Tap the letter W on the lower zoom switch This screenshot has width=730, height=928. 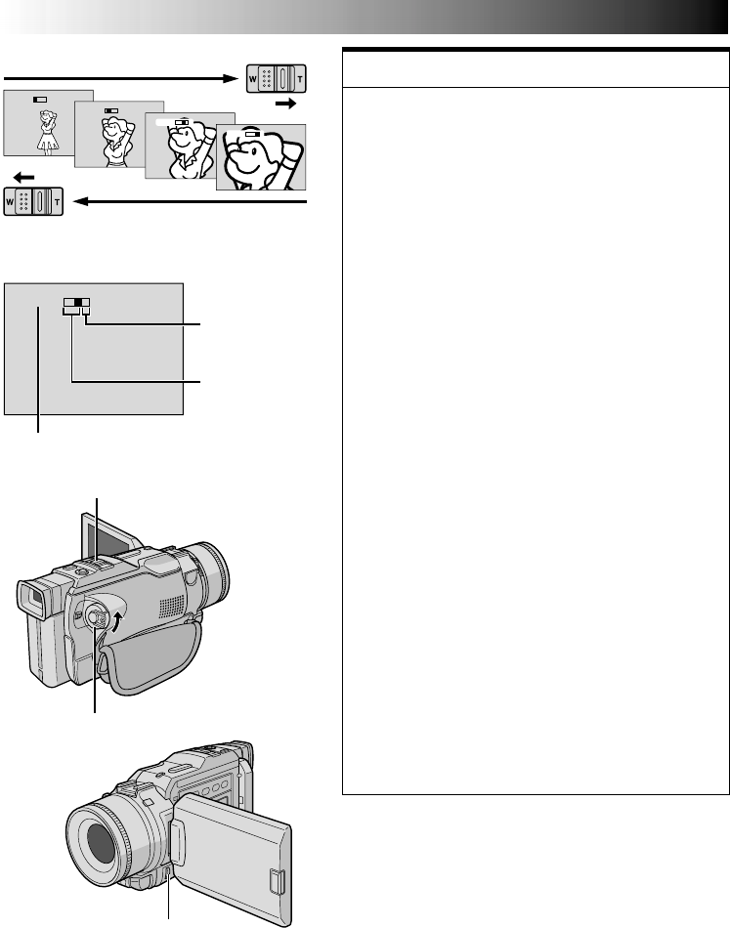click(x=10, y=200)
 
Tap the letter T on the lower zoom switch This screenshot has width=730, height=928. click(x=57, y=200)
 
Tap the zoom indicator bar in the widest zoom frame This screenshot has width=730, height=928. click(x=39, y=100)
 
